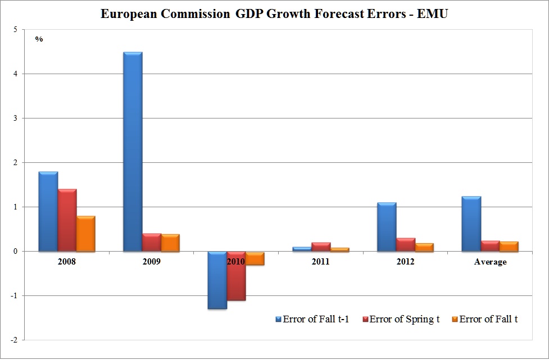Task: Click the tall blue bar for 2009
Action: (x=133, y=152)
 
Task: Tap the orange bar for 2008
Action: (x=86, y=234)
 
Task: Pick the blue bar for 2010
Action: (x=217, y=280)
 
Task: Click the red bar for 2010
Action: (x=236, y=276)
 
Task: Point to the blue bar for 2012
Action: (x=387, y=227)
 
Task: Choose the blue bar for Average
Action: (x=471, y=224)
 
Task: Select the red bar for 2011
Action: (x=321, y=247)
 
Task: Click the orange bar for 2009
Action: (x=170, y=243)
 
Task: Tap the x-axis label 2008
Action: (x=66, y=262)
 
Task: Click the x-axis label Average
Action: (x=490, y=262)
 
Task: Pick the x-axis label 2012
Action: (x=405, y=262)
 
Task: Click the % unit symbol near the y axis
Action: (x=39, y=39)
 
